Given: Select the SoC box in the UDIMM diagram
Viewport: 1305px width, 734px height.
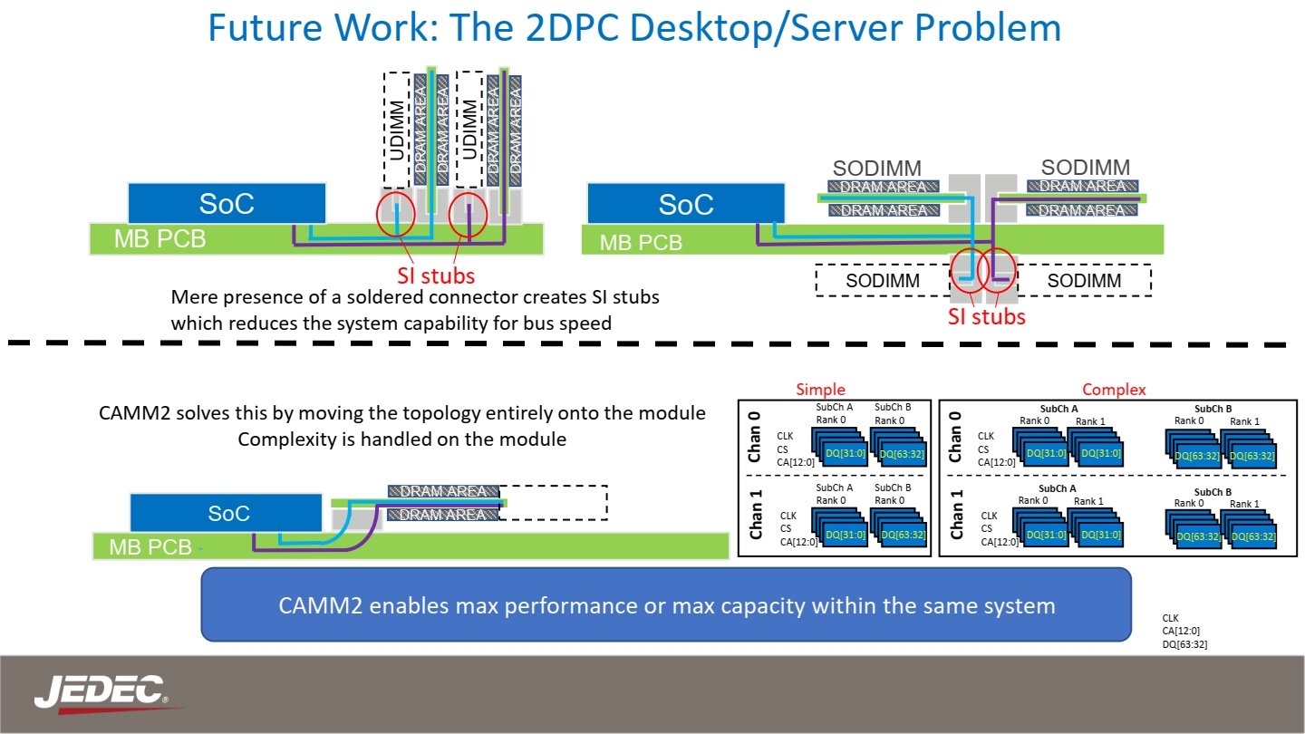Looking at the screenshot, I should (x=227, y=204).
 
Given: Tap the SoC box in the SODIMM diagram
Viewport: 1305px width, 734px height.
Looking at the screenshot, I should (x=686, y=204).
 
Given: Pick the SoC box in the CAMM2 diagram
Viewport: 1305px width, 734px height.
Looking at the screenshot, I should (x=227, y=513).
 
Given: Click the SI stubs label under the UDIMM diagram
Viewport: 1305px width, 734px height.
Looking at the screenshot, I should (x=435, y=275).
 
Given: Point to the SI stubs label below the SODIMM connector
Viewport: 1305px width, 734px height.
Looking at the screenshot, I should (x=986, y=316).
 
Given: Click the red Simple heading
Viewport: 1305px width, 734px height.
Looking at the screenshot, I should (x=820, y=390).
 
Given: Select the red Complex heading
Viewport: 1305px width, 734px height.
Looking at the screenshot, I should (x=1114, y=390).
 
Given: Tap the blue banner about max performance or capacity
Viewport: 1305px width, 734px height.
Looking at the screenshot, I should (x=666, y=604).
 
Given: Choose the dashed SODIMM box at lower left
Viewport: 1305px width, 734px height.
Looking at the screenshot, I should (x=882, y=281).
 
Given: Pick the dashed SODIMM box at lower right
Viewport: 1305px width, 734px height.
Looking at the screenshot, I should (x=1084, y=281).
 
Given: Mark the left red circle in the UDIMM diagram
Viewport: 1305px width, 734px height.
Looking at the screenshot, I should (x=396, y=214).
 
